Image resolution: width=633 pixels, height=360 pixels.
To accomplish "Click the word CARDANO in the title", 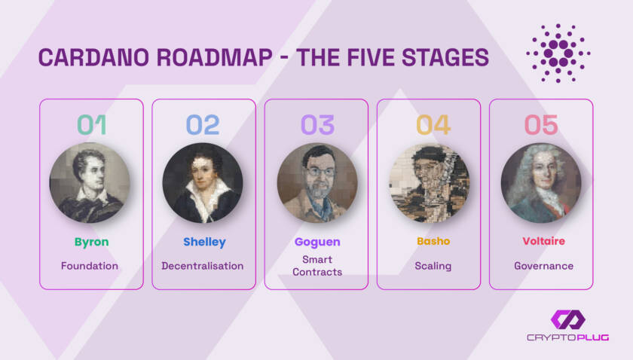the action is pos(93,57).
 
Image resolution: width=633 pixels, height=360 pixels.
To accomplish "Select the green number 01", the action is pos(92,125).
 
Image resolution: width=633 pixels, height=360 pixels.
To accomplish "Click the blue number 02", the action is pos(203,125).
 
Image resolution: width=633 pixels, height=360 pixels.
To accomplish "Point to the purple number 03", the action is pos(318,125).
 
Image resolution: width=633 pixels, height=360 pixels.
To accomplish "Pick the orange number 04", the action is pos(433,125).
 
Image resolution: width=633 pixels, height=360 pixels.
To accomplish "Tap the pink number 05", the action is pos(541,125).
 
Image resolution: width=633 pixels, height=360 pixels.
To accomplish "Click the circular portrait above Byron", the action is pos(90,183).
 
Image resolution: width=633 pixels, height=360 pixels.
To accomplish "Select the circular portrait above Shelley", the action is pos(203,183).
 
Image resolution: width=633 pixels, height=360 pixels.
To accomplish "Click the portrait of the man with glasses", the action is pos(317,183).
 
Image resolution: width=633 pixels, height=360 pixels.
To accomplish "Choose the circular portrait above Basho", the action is pos(430,183).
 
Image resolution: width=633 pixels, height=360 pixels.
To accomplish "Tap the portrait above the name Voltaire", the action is pos(541,183).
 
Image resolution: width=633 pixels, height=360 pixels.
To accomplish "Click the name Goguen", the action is pos(317,243).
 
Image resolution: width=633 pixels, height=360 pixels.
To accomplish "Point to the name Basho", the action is pos(433,241).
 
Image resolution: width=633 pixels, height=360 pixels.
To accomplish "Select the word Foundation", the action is pos(90,266).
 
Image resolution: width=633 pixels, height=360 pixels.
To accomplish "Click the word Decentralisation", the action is pos(203,266).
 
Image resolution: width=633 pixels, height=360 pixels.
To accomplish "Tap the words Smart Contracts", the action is pos(317,266).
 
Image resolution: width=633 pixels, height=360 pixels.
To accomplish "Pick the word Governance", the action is pos(544,266).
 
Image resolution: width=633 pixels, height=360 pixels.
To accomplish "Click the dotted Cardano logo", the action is pos(558,53).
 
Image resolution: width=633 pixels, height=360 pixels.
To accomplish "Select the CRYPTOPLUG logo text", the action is pos(568,337).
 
